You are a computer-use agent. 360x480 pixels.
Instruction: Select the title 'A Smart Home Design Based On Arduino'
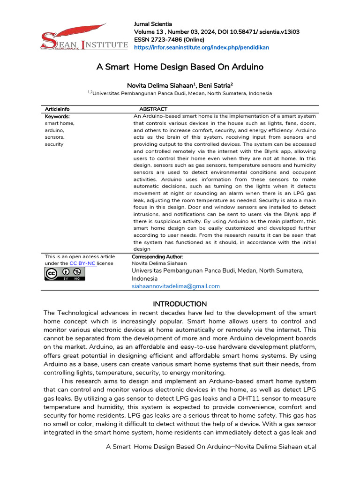point(180,67)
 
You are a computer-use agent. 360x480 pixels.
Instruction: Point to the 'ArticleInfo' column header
point(57,109)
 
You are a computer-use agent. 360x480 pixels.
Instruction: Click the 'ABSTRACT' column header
point(153,109)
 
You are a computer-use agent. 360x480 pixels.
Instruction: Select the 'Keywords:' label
point(57,116)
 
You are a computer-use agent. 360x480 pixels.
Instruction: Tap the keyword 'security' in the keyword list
point(54,144)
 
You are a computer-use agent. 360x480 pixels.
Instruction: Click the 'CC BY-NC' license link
point(82,263)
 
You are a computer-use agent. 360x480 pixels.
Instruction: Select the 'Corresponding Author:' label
point(157,257)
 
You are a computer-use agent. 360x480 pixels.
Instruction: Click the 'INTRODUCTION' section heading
point(180,304)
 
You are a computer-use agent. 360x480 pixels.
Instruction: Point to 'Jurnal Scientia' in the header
point(153,24)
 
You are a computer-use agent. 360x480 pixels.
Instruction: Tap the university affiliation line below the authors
point(180,93)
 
